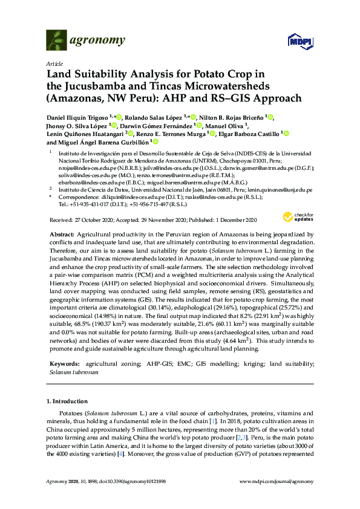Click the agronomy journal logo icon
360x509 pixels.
tap(56, 41)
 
